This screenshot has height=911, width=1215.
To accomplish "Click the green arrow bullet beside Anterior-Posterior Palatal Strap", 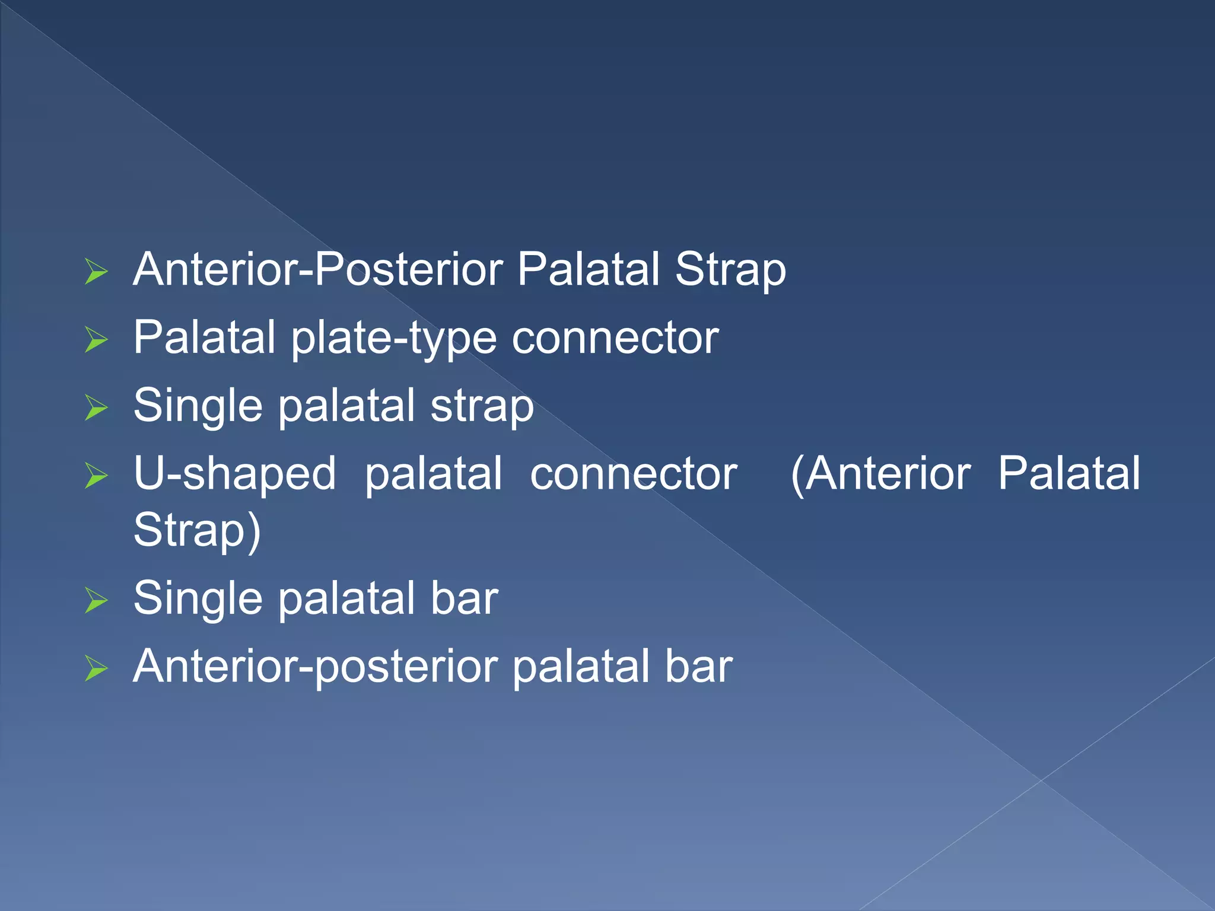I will [96, 272].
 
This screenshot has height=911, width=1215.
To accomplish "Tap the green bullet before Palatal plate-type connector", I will [96, 340].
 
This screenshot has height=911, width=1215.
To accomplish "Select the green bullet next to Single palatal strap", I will [96, 407].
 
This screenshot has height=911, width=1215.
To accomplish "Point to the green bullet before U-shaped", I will [96, 476].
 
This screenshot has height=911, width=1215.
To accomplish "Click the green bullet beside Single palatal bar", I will [96, 600].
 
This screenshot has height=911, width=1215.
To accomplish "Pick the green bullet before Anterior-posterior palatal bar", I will [96, 668].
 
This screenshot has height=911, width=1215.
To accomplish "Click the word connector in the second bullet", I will [615, 338].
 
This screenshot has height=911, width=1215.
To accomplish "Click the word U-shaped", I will [235, 474].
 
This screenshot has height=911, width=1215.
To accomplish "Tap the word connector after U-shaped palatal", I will [633, 474].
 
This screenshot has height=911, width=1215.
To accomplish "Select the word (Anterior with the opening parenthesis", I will [880, 474].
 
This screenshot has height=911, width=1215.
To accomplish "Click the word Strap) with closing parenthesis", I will [197, 531].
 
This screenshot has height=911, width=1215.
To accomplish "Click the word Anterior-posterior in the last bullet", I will [315, 667].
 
